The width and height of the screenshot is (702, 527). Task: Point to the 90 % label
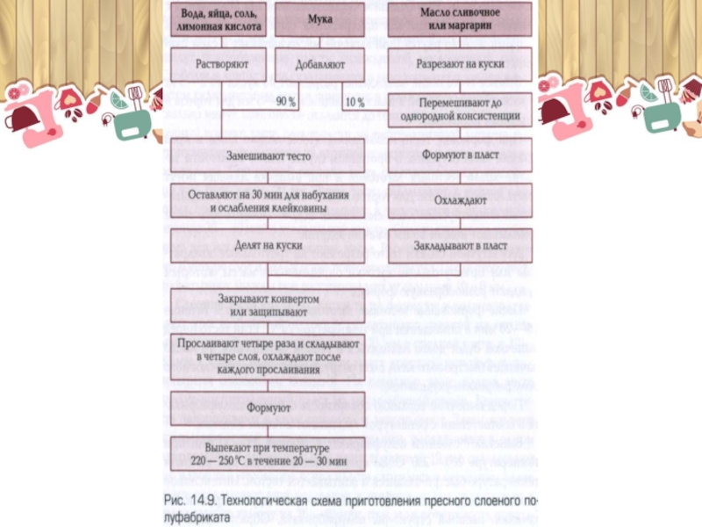click(x=286, y=103)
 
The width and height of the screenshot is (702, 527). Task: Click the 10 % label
click(x=355, y=103)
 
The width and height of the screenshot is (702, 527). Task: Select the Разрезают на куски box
click(x=460, y=65)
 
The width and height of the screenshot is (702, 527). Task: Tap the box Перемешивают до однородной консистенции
click(x=460, y=109)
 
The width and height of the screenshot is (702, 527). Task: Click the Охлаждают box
click(x=460, y=200)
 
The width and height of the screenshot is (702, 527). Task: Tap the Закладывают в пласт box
click(x=460, y=246)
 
